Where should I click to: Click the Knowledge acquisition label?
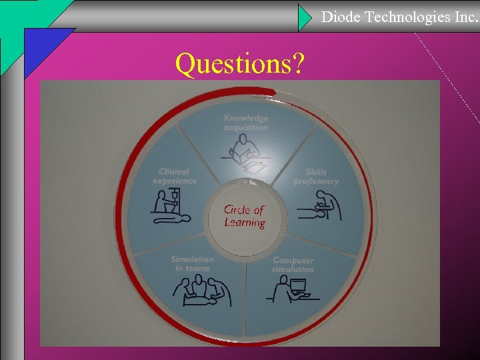[245, 123]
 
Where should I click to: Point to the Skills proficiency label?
[316, 177]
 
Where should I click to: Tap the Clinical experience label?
[175, 176]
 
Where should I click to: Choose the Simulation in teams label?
[193, 263]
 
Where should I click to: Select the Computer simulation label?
[293, 265]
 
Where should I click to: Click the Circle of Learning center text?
[245, 216]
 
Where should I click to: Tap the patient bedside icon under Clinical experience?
[169, 209]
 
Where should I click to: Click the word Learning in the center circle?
[245, 223]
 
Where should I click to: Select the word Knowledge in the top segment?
[245, 118]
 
